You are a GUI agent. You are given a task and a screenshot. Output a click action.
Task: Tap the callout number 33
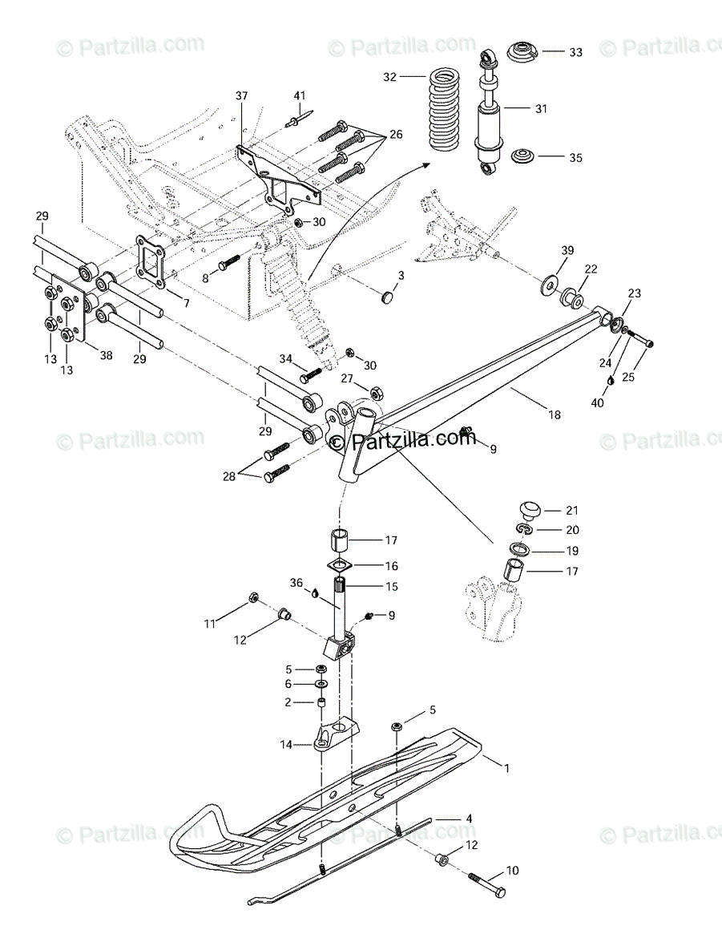(575, 52)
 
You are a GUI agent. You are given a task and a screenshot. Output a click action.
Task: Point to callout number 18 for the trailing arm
(554, 414)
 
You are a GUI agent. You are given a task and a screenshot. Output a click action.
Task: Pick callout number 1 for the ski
(506, 767)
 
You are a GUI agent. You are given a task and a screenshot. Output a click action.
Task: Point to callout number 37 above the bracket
(242, 96)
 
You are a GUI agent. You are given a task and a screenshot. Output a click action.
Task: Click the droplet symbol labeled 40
(610, 381)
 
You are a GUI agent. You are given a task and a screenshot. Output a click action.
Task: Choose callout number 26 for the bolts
(396, 134)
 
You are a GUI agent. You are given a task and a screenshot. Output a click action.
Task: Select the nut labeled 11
(253, 598)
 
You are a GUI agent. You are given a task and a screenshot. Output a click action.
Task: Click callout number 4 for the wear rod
(470, 819)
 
